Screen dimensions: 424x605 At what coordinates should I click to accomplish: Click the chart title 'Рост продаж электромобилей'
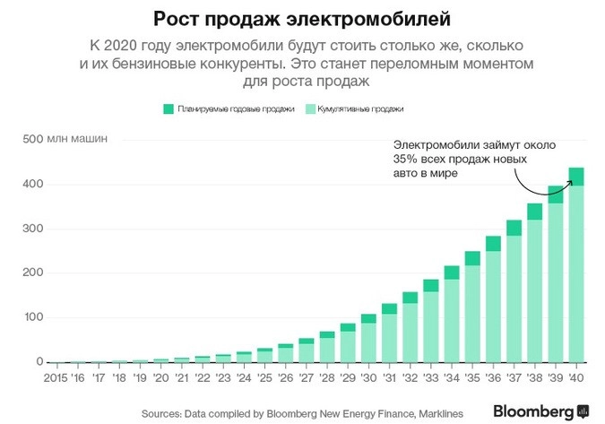pyautogui.click(x=301, y=18)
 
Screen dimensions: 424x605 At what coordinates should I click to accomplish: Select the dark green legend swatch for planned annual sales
pyautogui.click(x=168, y=108)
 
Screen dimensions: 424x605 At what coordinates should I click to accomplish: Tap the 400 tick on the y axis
pyautogui.click(x=33, y=184)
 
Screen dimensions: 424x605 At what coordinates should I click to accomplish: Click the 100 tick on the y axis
pyautogui.click(x=33, y=317)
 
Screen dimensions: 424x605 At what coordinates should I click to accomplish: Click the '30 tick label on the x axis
pyautogui.click(x=367, y=377)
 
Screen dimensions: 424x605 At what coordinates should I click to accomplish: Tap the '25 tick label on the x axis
pyautogui.click(x=264, y=377)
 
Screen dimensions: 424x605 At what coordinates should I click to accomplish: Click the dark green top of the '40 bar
pyautogui.click(x=575, y=176)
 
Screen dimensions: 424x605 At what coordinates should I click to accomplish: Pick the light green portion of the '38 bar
pyautogui.click(x=533, y=290)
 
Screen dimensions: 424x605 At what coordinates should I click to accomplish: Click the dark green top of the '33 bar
pyautogui.click(x=430, y=285)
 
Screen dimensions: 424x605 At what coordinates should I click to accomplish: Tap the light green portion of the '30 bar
pyautogui.click(x=367, y=342)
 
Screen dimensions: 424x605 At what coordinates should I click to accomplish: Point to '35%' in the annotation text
pyautogui.click(x=404, y=159)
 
